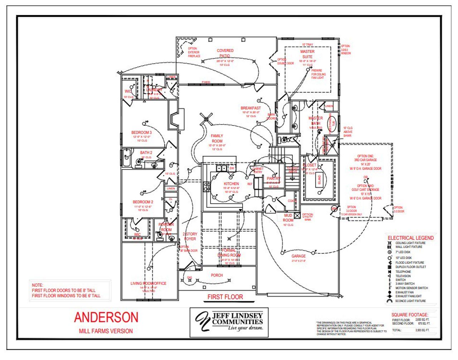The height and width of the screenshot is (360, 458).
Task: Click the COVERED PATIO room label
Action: click(x=225, y=53)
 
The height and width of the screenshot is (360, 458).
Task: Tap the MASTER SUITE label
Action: click(x=307, y=54)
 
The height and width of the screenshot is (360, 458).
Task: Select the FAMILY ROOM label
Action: click(x=217, y=138)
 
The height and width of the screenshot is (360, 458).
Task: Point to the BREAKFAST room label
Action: click(x=250, y=108)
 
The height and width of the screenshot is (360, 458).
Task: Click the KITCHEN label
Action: click(x=231, y=184)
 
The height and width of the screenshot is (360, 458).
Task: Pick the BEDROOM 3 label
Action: click(x=141, y=133)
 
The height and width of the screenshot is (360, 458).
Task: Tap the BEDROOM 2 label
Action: click(x=143, y=202)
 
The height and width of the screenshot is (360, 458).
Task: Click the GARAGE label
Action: click(x=298, y=256)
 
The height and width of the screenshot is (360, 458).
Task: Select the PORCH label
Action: click(x=217, y=275)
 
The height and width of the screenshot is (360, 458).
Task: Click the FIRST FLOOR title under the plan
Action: click(x=225, y=297)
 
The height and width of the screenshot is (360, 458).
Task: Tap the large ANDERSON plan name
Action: click(x=106, y=317)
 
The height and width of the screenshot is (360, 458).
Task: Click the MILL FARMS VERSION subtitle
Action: click(x=106, y=331)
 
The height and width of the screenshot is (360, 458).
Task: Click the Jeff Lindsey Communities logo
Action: click(x=229, y=322)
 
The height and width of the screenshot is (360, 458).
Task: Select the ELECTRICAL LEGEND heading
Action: click(x=410, y=238)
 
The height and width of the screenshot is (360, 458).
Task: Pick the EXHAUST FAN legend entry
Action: click(x=404, y=292)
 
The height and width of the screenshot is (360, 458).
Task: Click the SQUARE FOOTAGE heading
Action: click(x=409, y=315)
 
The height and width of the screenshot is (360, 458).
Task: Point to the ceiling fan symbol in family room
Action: click(x=206, y=118)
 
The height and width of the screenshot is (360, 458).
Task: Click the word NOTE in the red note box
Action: click(x=37, y=285)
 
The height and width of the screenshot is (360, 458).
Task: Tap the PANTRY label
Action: click(x=273, y=178)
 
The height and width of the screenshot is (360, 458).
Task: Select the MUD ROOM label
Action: click(x=288, y=218)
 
